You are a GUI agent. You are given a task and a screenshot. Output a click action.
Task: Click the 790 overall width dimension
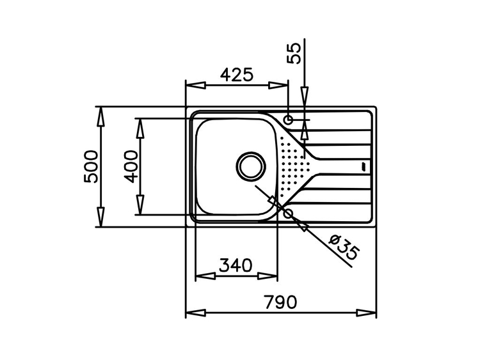coord(280,302)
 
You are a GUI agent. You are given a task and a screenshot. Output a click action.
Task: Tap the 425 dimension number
coord(237,74)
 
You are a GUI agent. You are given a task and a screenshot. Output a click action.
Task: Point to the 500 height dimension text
coord(91,167)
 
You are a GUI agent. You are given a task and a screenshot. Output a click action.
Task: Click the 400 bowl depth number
coord(131,167)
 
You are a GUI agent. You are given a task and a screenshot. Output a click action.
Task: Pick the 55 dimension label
coord(294,54)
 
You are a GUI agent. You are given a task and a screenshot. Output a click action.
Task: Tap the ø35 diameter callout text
coord(344,247)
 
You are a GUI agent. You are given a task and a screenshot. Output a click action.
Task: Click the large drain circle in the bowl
coord(251,166)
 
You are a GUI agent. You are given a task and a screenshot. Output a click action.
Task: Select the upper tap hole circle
coord(289,120)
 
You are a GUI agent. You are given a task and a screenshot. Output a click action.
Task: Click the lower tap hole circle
coord(289,214)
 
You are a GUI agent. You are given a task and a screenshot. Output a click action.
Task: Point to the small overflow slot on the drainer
coord(364,167)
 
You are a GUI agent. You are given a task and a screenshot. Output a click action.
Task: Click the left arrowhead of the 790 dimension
coord(196,313)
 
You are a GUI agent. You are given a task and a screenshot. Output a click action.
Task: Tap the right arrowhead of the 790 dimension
coord(366,313)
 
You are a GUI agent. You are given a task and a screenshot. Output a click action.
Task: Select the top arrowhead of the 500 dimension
coord(100,116)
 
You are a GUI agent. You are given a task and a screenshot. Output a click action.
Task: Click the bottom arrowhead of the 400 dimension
coord(140,205)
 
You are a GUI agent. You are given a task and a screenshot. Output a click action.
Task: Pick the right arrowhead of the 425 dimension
coord(278,85)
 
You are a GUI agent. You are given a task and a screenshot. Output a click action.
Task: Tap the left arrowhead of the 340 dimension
coord(205,276)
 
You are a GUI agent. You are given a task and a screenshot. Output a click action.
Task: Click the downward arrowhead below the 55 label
coord(305,97)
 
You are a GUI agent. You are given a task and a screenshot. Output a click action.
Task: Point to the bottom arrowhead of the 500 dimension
coord(100,217)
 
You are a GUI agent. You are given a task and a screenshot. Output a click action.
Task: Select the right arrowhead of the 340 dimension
coord(268,276)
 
